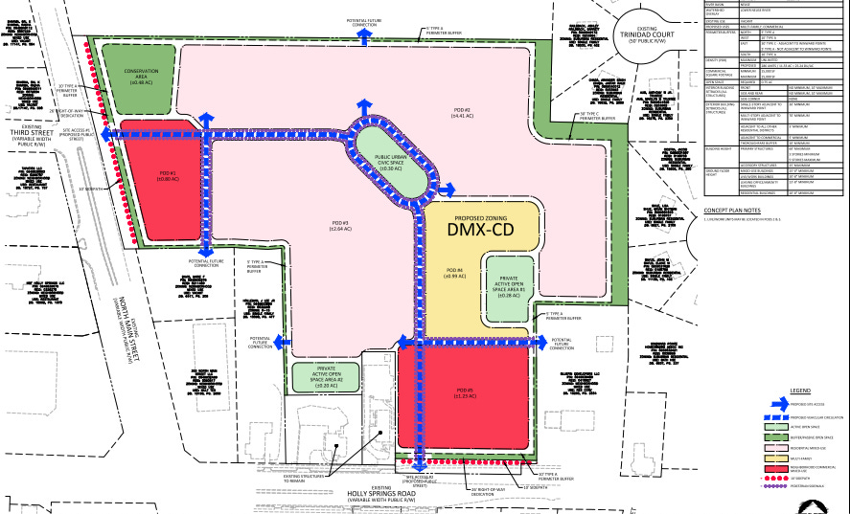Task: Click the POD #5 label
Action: click(466, 391)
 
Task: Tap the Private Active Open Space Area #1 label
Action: click(508, 286)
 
